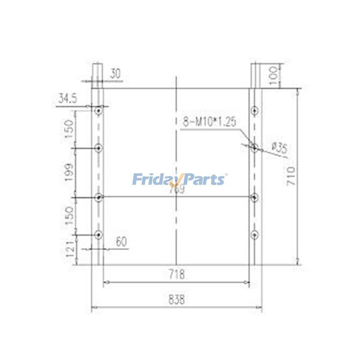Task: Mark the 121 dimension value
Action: (x=69, y=248)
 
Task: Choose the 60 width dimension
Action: (x=120, y=242)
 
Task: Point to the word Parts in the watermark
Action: (x=204, y=180)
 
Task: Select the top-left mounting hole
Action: (x=99, y=110)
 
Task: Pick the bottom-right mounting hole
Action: (x=255, y=234)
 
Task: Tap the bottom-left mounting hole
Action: (x=99, y=234)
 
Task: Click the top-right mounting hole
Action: (x=255, y=110)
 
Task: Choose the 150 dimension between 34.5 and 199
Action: (x=69, y=129)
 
